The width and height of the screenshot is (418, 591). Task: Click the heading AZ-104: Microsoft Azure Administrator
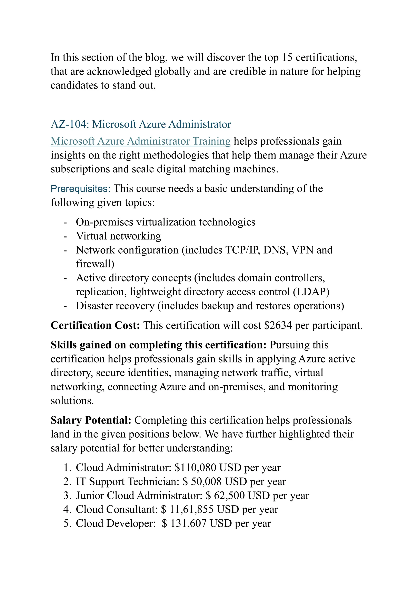[141, 124]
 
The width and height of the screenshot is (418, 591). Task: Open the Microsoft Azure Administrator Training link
[141, 141]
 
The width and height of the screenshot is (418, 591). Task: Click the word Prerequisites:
[80, 189]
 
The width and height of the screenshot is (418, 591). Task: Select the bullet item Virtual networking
[118, 236]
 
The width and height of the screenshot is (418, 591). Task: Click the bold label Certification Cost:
[95, 325]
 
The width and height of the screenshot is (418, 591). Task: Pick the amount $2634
[278, 325]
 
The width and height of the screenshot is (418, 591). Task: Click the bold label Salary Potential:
[91, 420]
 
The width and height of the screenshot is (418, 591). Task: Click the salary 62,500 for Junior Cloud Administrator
[229, 496]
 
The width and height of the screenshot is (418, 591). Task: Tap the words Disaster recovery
[115, 306]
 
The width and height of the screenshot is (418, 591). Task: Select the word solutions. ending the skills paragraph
[72, 401]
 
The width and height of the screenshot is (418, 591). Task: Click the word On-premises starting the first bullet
[104, 222]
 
